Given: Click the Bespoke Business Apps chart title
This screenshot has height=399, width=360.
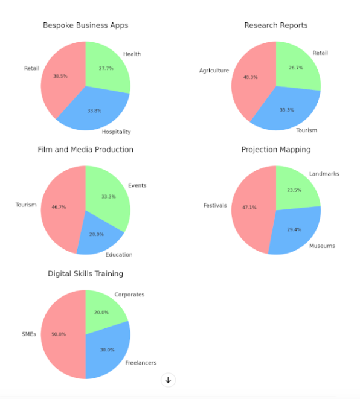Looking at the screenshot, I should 85,25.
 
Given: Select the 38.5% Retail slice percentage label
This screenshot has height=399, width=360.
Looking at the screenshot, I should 60,77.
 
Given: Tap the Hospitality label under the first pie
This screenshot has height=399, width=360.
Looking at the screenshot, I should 116,132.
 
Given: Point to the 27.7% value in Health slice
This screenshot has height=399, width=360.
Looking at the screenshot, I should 106,69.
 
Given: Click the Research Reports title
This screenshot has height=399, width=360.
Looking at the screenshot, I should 275,25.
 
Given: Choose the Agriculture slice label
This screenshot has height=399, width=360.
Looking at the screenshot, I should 214,71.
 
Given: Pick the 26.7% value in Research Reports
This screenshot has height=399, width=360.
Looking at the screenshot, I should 297,68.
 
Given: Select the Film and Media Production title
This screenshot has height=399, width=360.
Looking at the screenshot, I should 85,150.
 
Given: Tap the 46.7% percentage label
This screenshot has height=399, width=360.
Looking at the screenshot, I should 58,207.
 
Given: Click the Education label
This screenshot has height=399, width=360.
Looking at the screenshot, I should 119,255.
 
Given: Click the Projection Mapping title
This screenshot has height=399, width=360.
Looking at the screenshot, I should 275,150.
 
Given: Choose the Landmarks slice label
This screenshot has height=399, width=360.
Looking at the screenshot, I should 324,174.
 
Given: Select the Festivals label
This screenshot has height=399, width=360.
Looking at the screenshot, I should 215,205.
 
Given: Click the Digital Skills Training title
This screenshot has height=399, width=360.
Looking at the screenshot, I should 85,274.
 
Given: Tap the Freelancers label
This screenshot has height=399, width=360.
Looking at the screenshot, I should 140,363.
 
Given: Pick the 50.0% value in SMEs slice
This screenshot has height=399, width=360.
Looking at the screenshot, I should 59,334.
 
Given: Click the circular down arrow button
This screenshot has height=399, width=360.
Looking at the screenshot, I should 168,380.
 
